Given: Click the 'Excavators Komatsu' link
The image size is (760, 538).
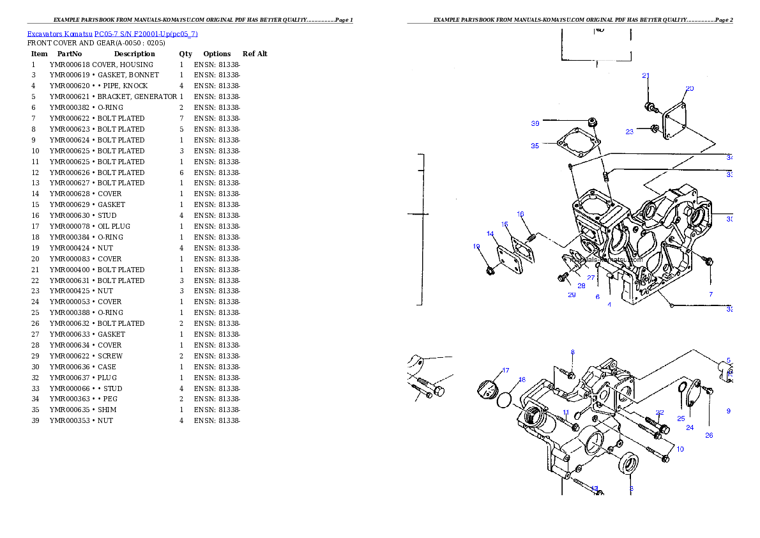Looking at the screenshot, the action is (x=59, y=34).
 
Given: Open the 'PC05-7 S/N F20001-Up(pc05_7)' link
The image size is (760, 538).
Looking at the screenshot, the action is (x=146, y=34).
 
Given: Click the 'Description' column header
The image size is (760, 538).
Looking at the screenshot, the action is (x=134, y=54).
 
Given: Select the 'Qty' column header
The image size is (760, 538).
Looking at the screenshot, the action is (x=185, y=54).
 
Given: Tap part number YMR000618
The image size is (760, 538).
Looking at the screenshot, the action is (x=70, y=65).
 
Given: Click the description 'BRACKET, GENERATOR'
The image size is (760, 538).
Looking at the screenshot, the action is (x=137, y=96).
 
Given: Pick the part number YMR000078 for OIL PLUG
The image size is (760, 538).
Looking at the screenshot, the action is (x=70, y=226).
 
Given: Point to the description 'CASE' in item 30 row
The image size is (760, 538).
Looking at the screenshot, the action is (x=107, y=367).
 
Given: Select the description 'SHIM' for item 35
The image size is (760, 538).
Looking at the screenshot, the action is (x=107, y=410).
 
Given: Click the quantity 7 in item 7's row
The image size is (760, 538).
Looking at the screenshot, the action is (x=181, y=118).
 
